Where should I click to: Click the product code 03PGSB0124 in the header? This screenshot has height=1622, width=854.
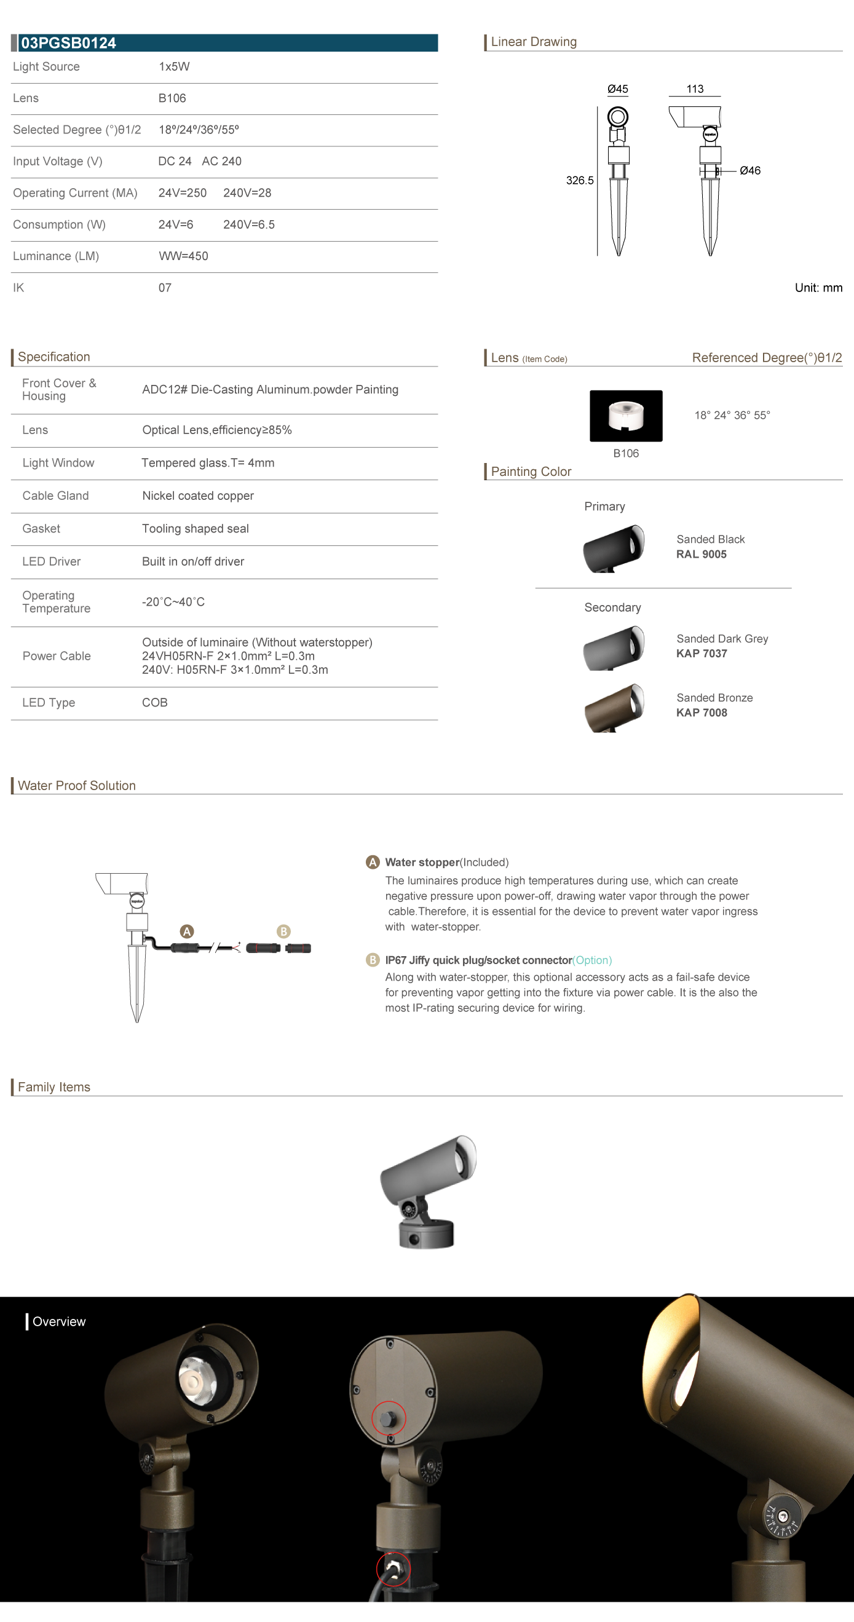(69, 43)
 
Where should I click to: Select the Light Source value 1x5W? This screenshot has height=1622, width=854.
(174, 67)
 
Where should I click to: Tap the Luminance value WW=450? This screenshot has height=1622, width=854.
(183, 256)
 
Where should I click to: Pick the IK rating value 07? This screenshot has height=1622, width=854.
(164, 288)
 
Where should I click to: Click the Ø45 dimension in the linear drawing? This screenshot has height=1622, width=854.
(617, 89)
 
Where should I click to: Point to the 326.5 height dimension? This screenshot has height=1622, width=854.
(579, 181)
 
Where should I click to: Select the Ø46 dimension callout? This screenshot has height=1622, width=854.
(749, 171)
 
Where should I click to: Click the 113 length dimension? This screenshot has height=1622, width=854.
(695, 89)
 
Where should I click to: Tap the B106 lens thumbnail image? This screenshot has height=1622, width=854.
(625, 416)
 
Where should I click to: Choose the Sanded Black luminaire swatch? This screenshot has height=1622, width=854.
(614, 548)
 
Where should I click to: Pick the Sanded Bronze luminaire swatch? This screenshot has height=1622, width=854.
(614, 708)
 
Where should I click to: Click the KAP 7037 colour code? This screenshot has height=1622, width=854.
(702, 654)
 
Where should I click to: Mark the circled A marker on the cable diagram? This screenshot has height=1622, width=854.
(186, 932)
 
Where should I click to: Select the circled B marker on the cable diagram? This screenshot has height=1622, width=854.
(283, 932)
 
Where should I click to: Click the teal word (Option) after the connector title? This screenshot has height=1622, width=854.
(592, 960)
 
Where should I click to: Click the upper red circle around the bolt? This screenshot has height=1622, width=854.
(389, 1418)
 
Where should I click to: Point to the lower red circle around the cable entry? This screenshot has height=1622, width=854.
(393, 1569)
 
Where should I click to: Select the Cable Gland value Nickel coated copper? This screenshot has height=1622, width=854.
(198, 496)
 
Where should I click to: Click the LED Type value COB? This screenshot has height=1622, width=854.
(154, 703)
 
